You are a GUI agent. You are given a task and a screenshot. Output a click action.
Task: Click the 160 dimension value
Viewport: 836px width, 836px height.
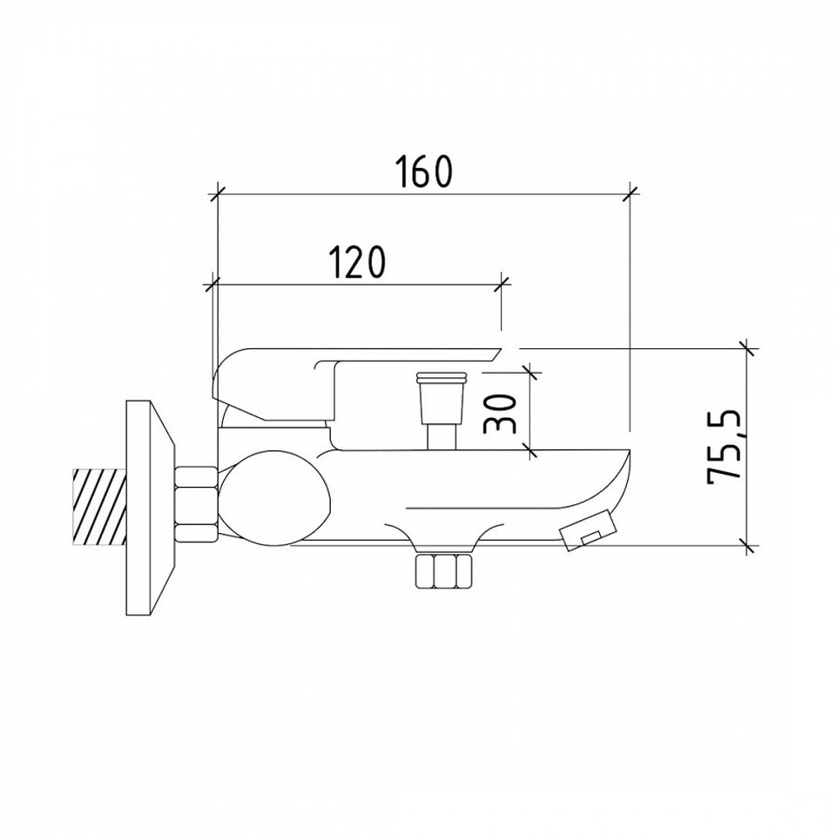(424, 172)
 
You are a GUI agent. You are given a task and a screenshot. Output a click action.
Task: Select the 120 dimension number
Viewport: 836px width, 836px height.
(355, 261)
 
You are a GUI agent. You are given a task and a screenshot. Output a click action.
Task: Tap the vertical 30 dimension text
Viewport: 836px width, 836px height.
(501, 413)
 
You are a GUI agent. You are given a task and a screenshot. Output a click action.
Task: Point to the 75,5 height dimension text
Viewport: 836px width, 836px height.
(725, 448)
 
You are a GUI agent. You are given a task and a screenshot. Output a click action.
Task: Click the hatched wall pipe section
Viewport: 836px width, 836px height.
(99, 507)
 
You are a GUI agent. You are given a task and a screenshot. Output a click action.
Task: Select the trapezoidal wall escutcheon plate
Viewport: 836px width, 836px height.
(150, 507)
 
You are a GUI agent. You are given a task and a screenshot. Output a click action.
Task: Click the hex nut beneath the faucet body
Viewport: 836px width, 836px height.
(444, 570)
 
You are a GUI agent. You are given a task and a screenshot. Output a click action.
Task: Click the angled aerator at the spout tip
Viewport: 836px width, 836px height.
(586, 531)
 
